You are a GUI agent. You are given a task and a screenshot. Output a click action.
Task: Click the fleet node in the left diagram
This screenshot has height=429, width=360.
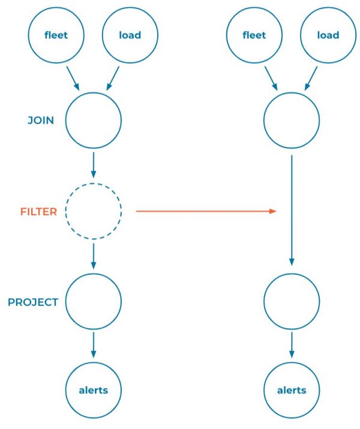click(56, 35)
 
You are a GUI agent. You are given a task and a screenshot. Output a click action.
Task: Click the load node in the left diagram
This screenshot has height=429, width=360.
click(130, 35)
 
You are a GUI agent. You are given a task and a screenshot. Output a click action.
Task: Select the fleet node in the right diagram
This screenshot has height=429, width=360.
click(254, 35)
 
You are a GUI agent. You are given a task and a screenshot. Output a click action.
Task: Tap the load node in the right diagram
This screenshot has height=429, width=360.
click(328, 35)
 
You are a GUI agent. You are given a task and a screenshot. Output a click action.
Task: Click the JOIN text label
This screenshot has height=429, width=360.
click(41, 121)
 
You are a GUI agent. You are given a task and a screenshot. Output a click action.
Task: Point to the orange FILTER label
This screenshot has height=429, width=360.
click(38, 212)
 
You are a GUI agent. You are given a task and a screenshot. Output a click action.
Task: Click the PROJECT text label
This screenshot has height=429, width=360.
click(33, 302)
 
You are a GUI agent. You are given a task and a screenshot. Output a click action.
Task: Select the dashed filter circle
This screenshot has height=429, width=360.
click(93, 211)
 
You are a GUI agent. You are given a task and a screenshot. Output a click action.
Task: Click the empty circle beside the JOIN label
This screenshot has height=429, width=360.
click(93, 120)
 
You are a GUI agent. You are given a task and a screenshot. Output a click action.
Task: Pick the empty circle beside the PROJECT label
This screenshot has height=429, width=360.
click(93, 301)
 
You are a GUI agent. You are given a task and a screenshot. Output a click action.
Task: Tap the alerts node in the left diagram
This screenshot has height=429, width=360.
click(93, 390)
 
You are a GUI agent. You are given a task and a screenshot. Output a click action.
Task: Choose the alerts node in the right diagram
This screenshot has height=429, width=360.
click(292, 390)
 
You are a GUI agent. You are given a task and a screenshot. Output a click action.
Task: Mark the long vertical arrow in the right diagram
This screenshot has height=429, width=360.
click(292, 210)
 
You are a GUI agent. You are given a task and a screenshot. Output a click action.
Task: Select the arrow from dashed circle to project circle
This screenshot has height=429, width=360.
click(93, 256)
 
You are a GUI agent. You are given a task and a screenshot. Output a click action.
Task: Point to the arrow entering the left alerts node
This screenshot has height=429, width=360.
click(93, 346)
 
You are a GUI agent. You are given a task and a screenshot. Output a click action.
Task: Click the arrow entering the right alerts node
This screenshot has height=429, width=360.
click(292, 346)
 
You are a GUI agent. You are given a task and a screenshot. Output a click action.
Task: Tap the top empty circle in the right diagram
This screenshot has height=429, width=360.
click(292, 120)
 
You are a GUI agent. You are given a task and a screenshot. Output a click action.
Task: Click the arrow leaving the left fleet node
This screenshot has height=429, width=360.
click(73, 77)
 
